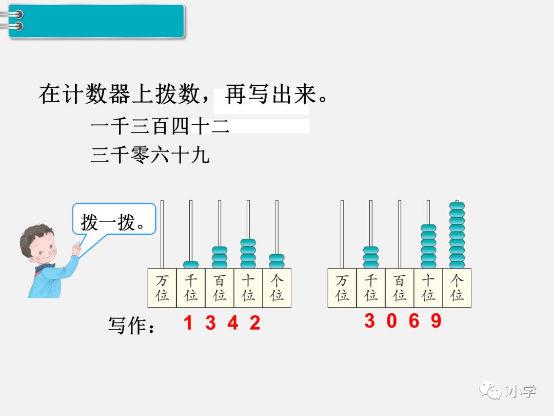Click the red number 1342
[x=222, y=323]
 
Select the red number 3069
[x=403, y=321]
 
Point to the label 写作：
[x=131, y=325]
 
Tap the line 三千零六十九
[x=150, y=155]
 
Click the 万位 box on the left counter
[x=162, y=288]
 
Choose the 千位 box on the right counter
[x=370, y=288]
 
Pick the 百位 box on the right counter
[x=399, y=288]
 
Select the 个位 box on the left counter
[x=277, y=288]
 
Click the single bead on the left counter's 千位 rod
[x=191, y=264]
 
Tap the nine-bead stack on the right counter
[x=457, y=235]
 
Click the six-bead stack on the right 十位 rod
[x=428, y=247]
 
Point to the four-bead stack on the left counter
[x=248, y=254]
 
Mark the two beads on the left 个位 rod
[x=277, y=261]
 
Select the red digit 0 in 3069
[x=392, y=321]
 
